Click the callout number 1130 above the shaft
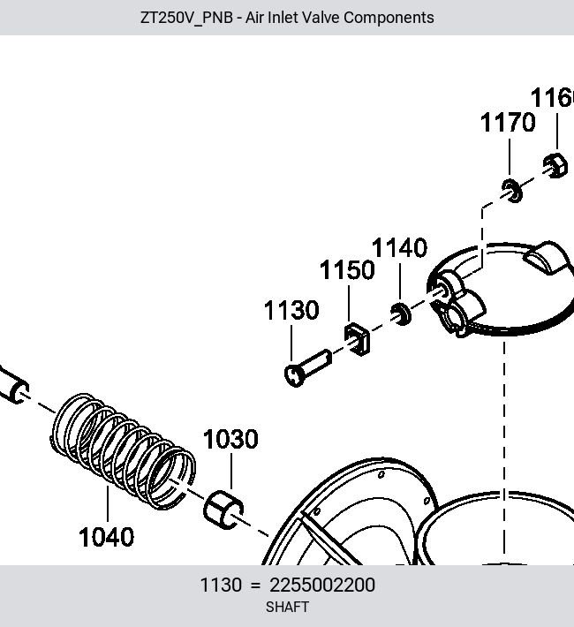pos(291,310)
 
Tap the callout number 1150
pos(347,270)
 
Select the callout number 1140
pos(400,248)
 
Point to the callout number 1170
pos(508,123)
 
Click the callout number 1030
pos(230,439)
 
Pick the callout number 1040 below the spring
pos(106,537)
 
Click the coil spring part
pos(124,451)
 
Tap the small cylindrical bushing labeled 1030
pos(223,510)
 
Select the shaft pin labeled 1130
pos(307,368)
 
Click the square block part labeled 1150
pos(357,339)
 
